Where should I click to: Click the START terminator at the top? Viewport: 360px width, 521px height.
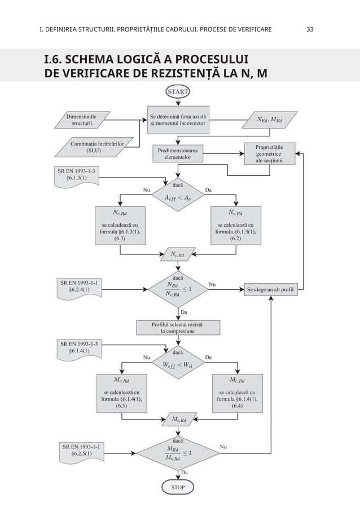178,91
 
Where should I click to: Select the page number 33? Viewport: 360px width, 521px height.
310,28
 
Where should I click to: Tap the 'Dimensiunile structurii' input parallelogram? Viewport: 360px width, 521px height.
81,120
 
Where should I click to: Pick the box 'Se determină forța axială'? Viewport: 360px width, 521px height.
178,120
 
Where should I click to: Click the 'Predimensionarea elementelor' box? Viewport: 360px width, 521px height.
178,154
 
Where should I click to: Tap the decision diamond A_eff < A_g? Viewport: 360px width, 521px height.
178,196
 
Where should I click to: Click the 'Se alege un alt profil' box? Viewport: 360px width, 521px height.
271,291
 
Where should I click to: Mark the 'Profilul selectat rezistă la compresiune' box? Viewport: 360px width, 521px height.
178,328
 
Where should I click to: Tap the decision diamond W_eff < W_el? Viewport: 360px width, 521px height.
178,363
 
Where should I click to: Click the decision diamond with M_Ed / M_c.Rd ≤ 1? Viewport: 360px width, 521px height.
178,452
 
